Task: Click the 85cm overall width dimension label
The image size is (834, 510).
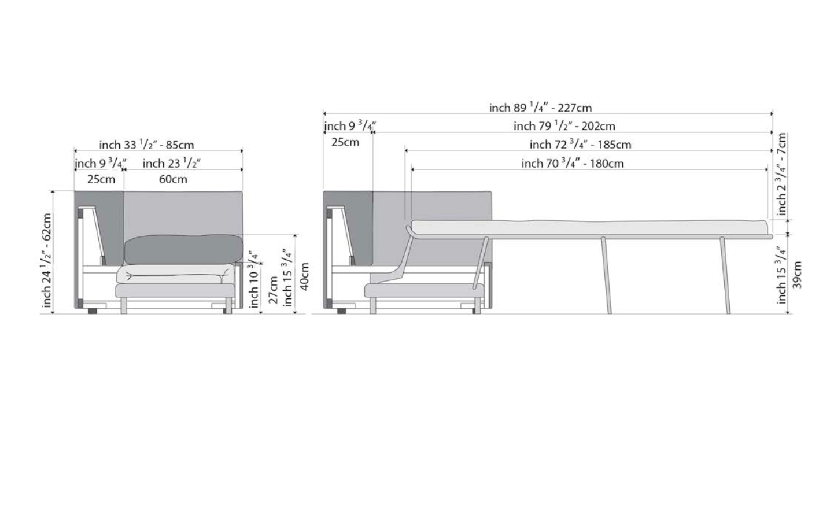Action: pyautogui.click(x=147, y=145)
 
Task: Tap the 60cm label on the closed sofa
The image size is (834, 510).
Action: pyautogui.click(x=173, y=179)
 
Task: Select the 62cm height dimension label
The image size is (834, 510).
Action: pyautogui.click(x=47, y=260)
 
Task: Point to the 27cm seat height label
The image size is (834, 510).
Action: pyautogui.click(x=274, y=290)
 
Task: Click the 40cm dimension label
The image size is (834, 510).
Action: pyautogui.click(x=304, y=276)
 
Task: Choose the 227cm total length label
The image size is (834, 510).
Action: pyautogui.click(x=540, y=108)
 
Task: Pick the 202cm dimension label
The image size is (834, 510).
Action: pyautogui.click(x=564, y=126)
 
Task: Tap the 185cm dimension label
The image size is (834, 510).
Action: pyautogui.click(x=581, y=145)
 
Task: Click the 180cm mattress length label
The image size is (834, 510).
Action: pyautogui.click(x=573, y=164)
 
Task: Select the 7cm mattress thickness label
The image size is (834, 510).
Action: pyautogui.click(x=782, y=174)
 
